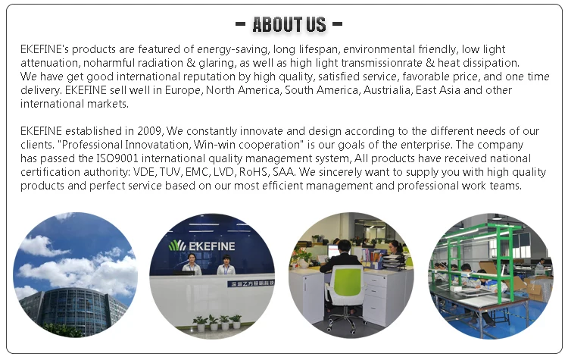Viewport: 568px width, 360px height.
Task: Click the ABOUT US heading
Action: point(289,25)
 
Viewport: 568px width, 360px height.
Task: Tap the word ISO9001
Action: point(118,158)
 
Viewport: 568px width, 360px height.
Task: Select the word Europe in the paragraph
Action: point(183,90)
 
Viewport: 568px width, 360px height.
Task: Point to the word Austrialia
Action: point(388,90)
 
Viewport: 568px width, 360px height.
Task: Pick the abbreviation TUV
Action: point(171,172)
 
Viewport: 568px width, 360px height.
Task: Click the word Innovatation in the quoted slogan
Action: point(158,145)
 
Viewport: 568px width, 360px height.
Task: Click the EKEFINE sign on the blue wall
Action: point(211,246)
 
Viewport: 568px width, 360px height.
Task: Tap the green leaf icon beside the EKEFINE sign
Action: point(177,246)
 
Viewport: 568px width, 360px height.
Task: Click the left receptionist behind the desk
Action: point(192,265)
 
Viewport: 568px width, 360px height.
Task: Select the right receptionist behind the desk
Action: point(226,265)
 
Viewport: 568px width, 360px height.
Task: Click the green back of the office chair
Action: point(347,280)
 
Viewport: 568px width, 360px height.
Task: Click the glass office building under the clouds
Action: point(73,311)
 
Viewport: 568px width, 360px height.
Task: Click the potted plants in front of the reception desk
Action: point(217,322)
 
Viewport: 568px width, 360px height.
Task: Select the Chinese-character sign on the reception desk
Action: point(251,283)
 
